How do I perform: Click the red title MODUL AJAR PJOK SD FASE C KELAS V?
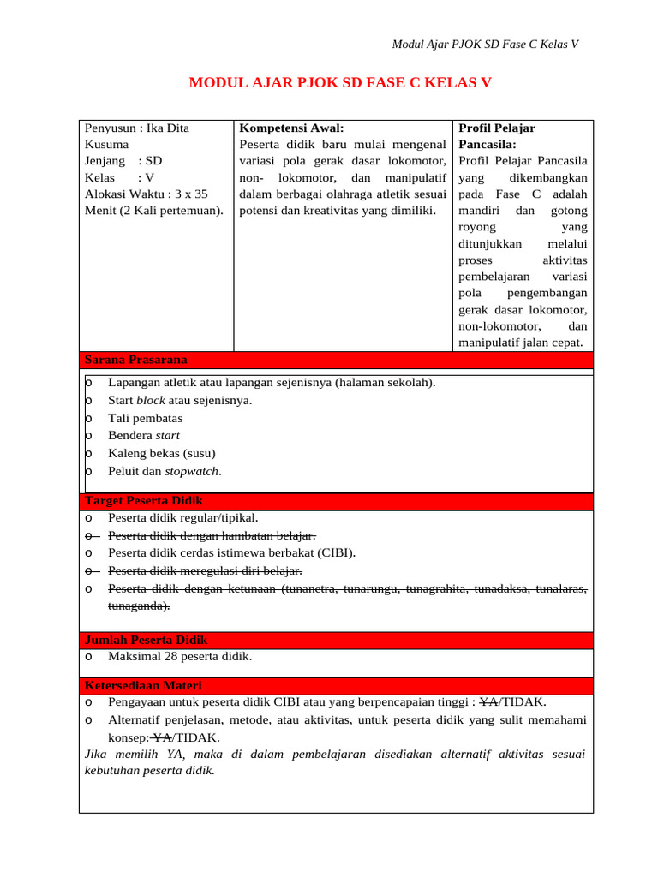340,83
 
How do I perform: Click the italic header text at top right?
485,45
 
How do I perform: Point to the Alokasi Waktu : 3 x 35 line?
147,194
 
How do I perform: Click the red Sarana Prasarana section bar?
336,360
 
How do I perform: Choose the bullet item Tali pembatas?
145,418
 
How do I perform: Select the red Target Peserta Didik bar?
336,501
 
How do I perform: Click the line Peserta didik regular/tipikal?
182,517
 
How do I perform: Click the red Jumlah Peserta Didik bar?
336,640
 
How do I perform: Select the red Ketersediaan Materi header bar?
336,686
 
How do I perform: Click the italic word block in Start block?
151,400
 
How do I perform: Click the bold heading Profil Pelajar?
497,128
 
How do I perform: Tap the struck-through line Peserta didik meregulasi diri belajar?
205,570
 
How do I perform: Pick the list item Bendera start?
144,435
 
